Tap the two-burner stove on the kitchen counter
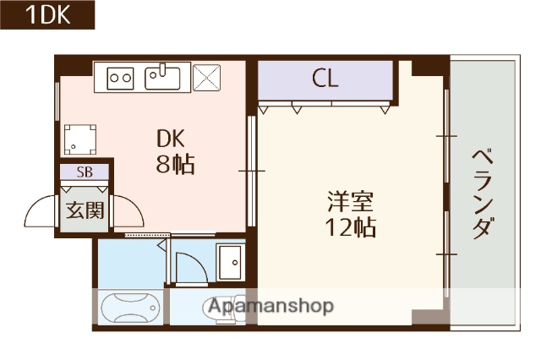point(121,79)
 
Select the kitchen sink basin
point(162,78)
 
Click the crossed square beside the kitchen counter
point(206,79)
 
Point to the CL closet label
point(325,79)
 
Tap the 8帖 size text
point(175,165)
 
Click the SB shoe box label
point(85,172)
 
